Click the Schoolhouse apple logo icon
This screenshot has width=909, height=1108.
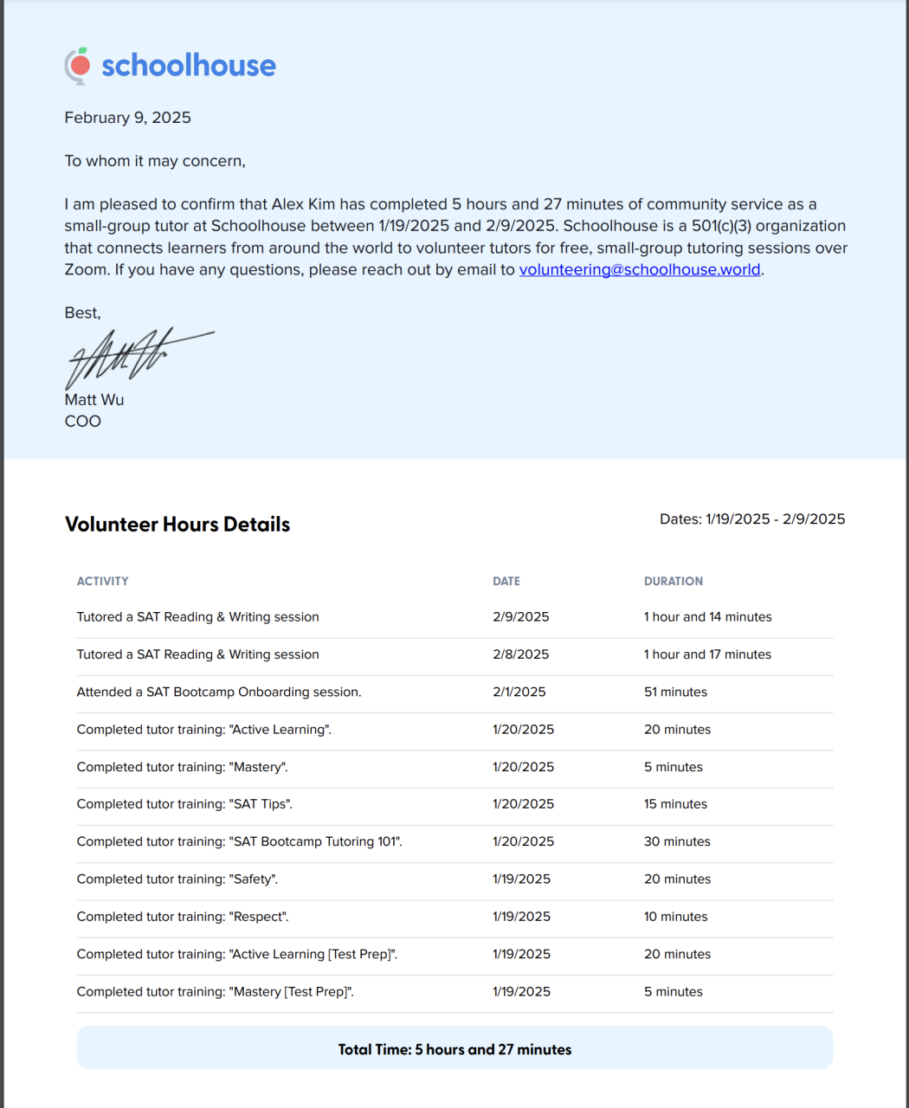pos(78,65)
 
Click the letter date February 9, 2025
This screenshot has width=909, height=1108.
pos(127,118)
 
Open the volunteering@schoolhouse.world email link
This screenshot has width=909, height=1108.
pos(640,269)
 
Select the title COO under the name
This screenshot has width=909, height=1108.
pos(82,422)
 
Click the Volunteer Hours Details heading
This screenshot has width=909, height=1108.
pos(177,525)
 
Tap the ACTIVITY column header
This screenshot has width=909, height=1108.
pos(102,582)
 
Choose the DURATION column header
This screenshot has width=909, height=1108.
pos(673,582)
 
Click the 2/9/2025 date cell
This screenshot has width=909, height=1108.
pos(520,617)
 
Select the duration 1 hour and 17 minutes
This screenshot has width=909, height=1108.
pos(707,654)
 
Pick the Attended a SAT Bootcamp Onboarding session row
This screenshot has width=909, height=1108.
pos(219,692)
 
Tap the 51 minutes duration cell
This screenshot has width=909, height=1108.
pos(675,692)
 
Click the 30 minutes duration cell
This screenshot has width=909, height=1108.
pos(677,841)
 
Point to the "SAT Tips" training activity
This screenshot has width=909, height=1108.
pos(184,804)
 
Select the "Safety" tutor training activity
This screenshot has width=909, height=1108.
pos(177,879)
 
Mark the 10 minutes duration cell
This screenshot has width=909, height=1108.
pos(675,917)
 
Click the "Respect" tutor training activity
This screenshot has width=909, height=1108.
pos(183,917)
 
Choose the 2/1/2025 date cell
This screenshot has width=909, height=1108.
pos(519,692)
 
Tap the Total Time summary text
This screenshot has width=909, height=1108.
pos(455,1050)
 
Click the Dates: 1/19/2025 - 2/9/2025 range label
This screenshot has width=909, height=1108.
pos(752,519)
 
